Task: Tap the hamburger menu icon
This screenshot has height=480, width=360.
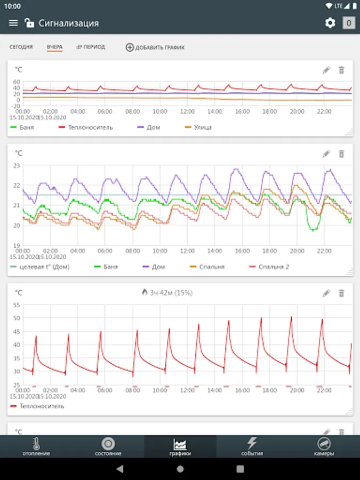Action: click(13, 23)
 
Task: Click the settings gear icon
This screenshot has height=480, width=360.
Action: click(330, 23)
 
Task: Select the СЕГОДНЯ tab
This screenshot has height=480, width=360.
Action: click(21, 47)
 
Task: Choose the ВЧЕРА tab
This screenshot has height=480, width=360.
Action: click(54, 47)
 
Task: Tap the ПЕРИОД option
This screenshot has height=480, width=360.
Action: click(91, 47)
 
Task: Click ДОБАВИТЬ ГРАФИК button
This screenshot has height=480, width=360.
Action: click(155, 47)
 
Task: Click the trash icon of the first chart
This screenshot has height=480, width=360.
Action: click(342, 70)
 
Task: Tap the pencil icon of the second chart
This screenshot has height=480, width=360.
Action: click(326, 154)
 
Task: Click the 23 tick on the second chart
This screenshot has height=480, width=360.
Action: click(17, 166)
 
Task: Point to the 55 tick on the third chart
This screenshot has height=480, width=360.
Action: click(17, 305)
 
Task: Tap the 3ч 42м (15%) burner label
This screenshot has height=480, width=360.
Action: click(167, 293)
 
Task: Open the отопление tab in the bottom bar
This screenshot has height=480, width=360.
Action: click(36, 447)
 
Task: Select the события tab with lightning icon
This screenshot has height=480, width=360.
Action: click(252, 447)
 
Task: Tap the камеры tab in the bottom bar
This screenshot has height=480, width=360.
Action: click(324, 447)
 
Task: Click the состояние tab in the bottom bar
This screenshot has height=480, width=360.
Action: click(108, 447)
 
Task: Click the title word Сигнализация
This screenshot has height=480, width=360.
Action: click(68, 23)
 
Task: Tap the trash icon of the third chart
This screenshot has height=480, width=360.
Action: click(342, 293)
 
